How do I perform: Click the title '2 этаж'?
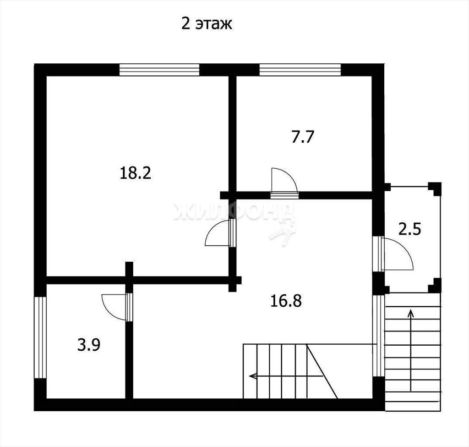coord(207,24)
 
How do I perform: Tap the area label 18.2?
coord(135,173)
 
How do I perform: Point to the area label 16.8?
coord(286,301)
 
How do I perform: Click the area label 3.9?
coord(88,345)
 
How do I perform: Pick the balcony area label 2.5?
coord(410,230)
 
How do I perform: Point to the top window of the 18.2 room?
coord(159,70)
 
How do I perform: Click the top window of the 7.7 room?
coord(300,70)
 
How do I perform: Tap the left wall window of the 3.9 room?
coord(40,337)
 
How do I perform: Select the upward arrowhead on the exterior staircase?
coord(411,313)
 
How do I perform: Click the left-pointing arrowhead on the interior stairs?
coord(253,375)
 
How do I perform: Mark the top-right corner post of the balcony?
coord(435,188)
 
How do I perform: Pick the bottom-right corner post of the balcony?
coord(435,286)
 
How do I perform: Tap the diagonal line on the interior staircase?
coord(322,371)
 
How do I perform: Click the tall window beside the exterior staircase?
coord(379,336)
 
